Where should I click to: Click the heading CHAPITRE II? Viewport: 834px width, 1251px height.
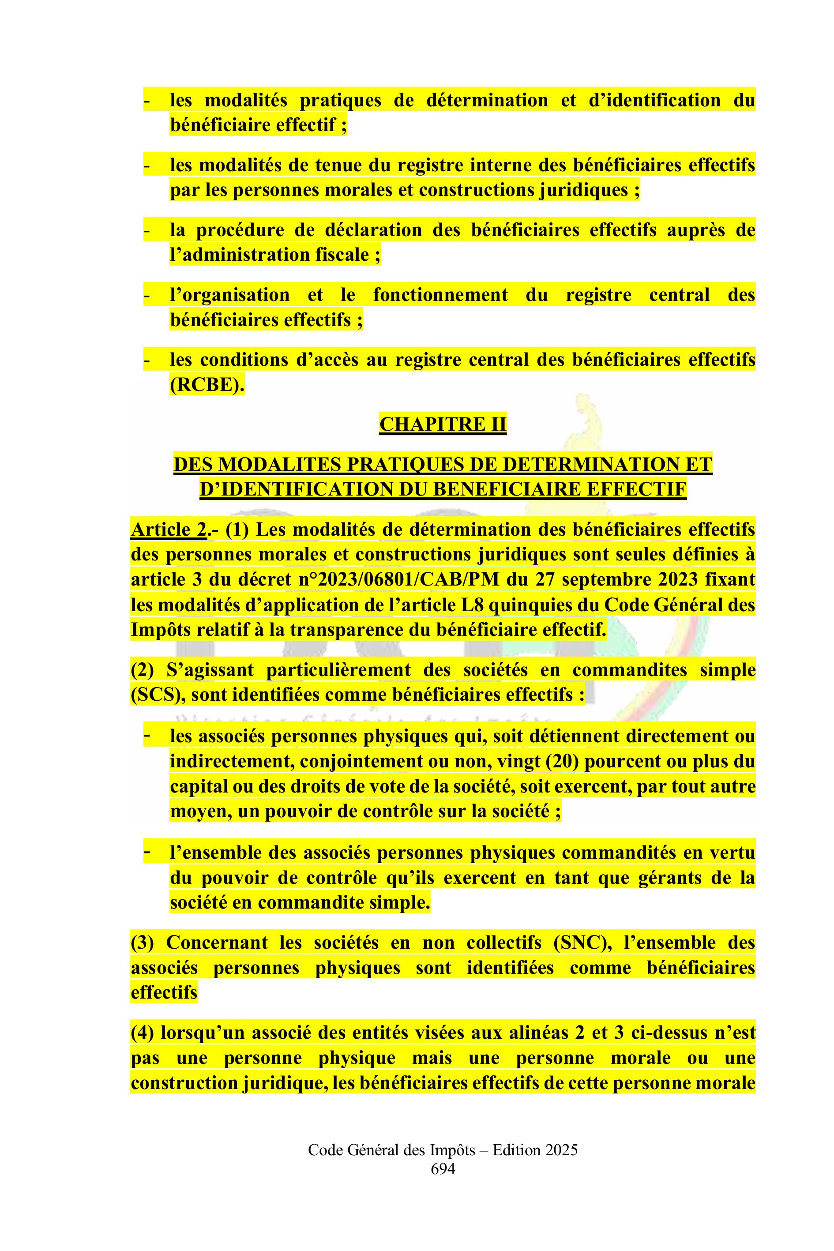[x=443, y=425]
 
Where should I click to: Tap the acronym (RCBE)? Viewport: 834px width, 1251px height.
[x=207, y=384]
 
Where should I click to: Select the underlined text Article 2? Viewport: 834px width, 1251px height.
[x=168, y=530]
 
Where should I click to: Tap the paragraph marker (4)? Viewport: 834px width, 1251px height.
[x=143, y=1033]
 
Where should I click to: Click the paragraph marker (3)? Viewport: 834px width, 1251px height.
[x=143, y=943]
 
